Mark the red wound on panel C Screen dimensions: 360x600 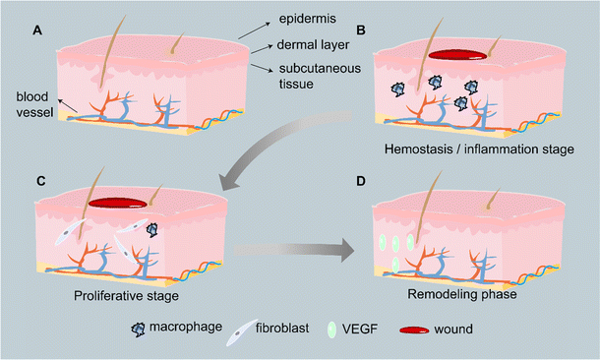(x=118, y=204)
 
